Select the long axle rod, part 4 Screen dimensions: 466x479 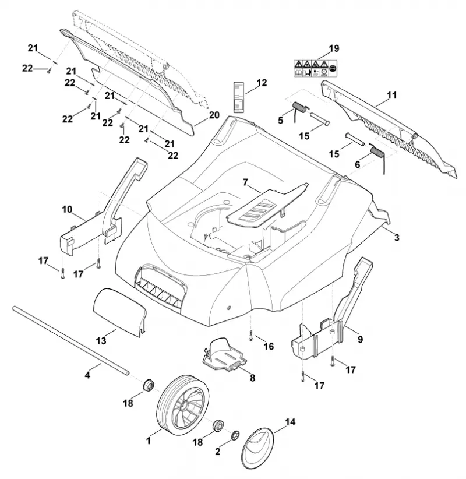pos(71,340)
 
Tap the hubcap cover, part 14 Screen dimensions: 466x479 pos(257,448)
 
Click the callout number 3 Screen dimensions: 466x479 pos(396,237)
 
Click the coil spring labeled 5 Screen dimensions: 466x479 pos(301,111)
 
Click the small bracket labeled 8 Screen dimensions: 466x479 pos(224,356)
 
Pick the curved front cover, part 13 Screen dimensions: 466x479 pos(121,312)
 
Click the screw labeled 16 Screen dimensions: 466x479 pos(250,335)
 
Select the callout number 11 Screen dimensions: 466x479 pos(391,96)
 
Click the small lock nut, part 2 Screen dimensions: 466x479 pos(235,435)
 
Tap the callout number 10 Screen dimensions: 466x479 pos(67,210)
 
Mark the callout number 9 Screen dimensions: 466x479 pos(360,339)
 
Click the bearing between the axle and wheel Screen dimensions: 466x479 pos(149,384)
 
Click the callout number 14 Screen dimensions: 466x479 pos(290,422)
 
